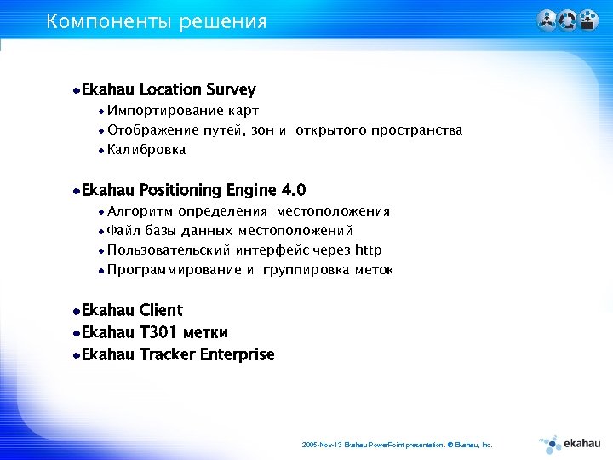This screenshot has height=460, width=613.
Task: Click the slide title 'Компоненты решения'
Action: pyautogui.click(x=157, y=21)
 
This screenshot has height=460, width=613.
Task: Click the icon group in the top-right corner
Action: pyautogui.click(x=568, y=20)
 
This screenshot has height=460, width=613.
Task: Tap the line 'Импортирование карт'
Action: pyautogui.click(x=183, y=111)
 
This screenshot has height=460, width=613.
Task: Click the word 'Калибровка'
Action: pyautogui.click(x=146, y=150)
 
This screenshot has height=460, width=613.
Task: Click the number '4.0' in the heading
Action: pyautogui.click(x=292, y=190)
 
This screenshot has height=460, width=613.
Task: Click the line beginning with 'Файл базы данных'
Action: pyautogui.click(x=230, y=231)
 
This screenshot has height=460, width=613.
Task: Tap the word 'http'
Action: pyautogui.click(x=368, y=250)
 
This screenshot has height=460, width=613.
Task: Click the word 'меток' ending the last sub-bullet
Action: pyautogui.click(x=373, y=270)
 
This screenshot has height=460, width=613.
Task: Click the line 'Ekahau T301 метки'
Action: pyautogui.click(x=154, y=332)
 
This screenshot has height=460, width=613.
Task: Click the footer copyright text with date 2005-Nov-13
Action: pyautogui.click(x=397, y=445)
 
